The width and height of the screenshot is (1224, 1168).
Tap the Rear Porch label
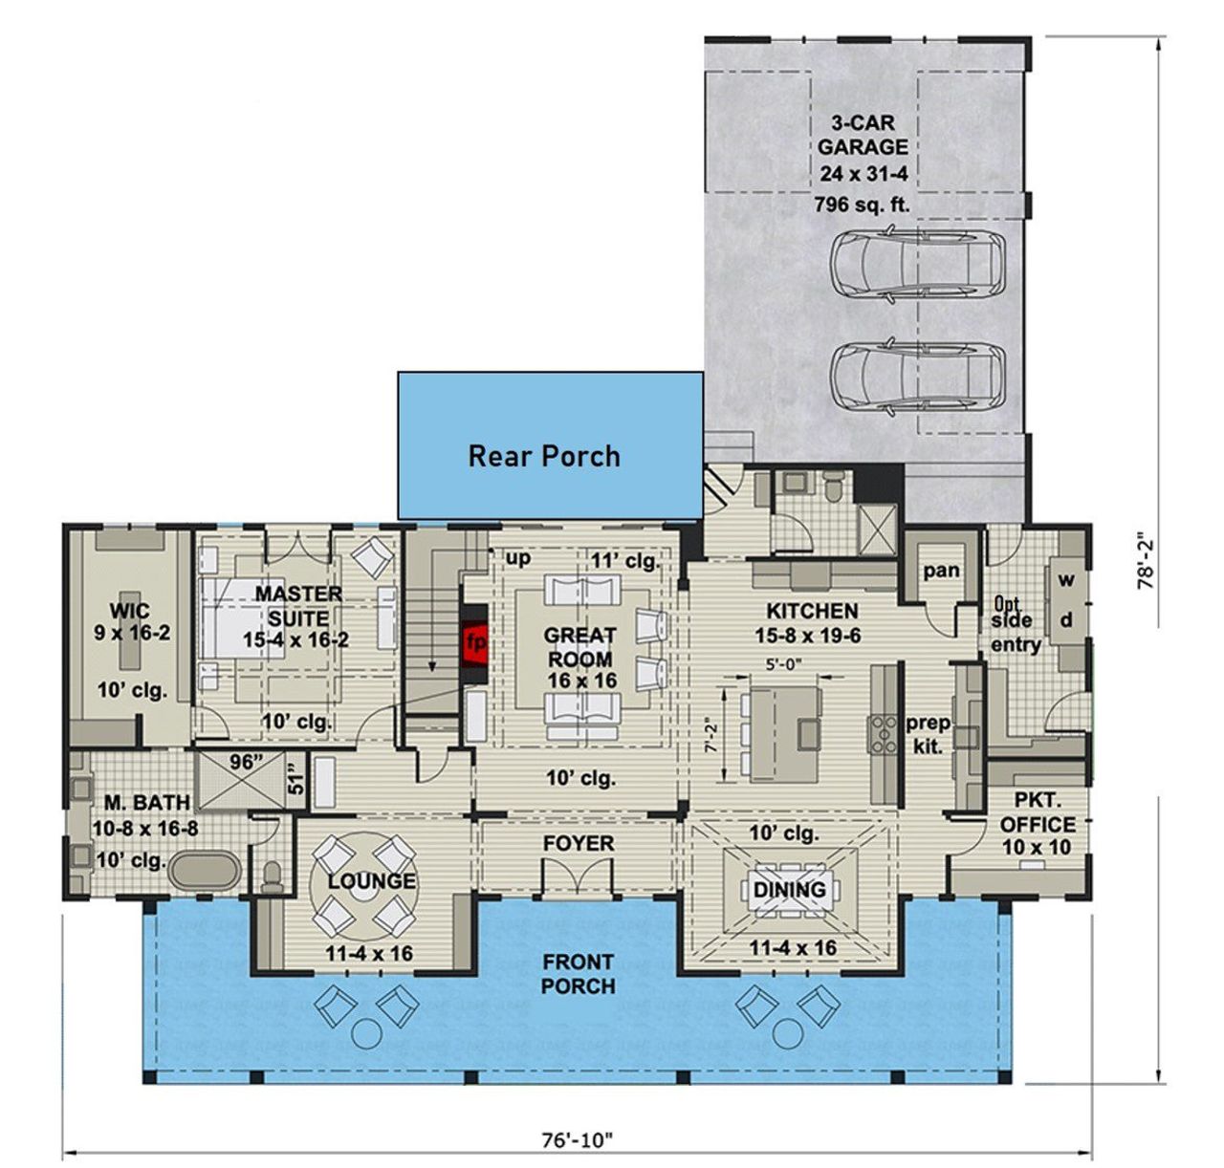pyautogui.click(x=543, y=456)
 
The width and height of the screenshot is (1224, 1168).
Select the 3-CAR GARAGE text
pyautogui.click(x=862, y=135)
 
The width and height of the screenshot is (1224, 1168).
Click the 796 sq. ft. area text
pyautogui.click(x=862, y=204)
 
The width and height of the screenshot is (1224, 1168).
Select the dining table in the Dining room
pyautogui.click(x=790, y=890)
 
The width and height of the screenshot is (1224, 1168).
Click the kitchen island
pyautogui.click(x=784, y=731)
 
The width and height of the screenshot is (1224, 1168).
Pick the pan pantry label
pyautogui.click(x=941, y=571)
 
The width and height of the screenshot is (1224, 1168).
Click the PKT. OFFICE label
pyautogui.click(x=1037, y=824)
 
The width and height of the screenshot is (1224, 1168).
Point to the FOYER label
pyautogui.click(x=579, y=844)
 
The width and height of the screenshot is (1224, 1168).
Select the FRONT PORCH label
pyautogui.click(x=578, y=973)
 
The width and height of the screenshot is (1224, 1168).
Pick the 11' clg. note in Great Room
pyautogui.click(x=625, y=561)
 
